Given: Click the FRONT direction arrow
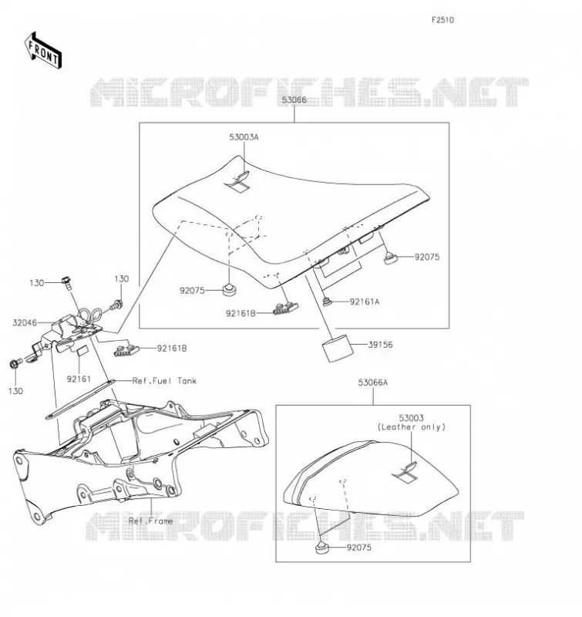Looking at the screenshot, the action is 43,51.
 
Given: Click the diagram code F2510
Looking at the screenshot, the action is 442,20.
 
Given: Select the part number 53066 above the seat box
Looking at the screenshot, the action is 294,100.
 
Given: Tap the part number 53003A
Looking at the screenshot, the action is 244,137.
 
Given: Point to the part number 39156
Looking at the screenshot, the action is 380,345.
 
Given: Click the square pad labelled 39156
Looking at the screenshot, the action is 336,348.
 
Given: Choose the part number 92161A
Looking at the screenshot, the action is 365,302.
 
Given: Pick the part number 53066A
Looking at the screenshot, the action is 373,383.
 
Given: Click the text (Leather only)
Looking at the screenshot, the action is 412,427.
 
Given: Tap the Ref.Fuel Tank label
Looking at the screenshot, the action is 164,381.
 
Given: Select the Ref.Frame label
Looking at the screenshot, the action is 151,521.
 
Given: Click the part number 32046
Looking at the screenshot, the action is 25,323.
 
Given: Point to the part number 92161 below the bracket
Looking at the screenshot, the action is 79,379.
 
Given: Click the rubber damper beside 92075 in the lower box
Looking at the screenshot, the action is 322,548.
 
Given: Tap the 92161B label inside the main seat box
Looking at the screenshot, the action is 241,313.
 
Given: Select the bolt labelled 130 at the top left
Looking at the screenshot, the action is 66,282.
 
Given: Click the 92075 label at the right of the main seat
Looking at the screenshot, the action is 427,257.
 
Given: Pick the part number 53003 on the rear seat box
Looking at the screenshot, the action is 412,418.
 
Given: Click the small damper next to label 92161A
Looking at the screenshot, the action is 327,302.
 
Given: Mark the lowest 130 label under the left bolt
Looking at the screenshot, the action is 15,391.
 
